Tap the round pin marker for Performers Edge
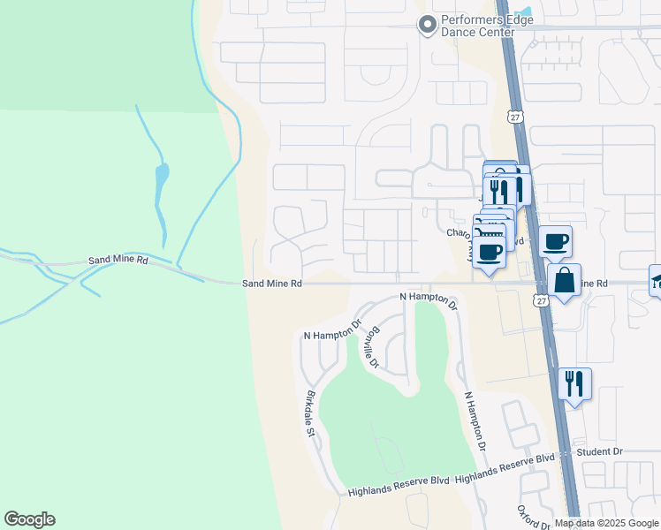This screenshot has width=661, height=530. click(x=428, y=26)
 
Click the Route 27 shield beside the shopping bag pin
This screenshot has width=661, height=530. click(x=541, y=300)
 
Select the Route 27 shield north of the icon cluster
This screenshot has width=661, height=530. click(x=514, y=116)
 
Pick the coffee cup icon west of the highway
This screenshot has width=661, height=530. click(x=489, y=252)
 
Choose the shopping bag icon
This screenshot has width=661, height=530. click(x=564, y=281)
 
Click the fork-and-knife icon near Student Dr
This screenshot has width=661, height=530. click(x=574, y=383)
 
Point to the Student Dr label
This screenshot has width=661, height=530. click(x=599, y=451)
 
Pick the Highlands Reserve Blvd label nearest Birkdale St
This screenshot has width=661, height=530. click(x=399, y=488)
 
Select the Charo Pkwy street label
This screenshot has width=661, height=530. click(x=459, y=234)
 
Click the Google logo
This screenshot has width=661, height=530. click(x=29, y=519)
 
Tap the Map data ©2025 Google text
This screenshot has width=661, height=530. click(x=606, y=523)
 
